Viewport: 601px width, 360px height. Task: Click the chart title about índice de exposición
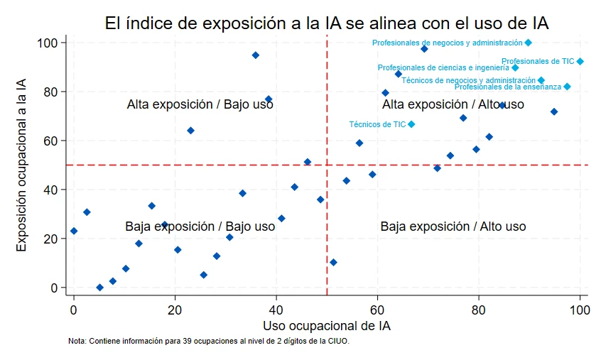tap(326, 23)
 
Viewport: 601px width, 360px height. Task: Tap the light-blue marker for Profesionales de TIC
tap(580, 62)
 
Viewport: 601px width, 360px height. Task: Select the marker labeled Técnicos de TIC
tap(411, 124)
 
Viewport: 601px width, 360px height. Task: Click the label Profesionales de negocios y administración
tap(447, 43)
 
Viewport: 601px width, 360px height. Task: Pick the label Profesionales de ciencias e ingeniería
tap(443, 68)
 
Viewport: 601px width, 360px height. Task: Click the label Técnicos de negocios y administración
tap(467, 80)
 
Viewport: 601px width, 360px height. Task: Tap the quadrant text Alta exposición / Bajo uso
tap(200, 105)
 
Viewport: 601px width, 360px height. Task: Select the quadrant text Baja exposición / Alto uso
tap(453, 227)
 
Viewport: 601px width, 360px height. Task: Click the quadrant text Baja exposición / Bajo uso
tap(200, 227)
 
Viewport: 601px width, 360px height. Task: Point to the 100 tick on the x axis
tap(580, 310)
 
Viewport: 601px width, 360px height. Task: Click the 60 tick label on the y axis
tap(48, 141)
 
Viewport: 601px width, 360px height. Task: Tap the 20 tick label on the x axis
tap(175, 310)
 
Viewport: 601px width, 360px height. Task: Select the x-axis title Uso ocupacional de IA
tap(326, 327)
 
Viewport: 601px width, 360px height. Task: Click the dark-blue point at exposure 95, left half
tap(256, 55)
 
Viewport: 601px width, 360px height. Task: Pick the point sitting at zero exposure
tap(99, 288)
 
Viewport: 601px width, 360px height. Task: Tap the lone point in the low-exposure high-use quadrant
tap(333, 263)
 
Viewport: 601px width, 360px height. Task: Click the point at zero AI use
tap(74, 231)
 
